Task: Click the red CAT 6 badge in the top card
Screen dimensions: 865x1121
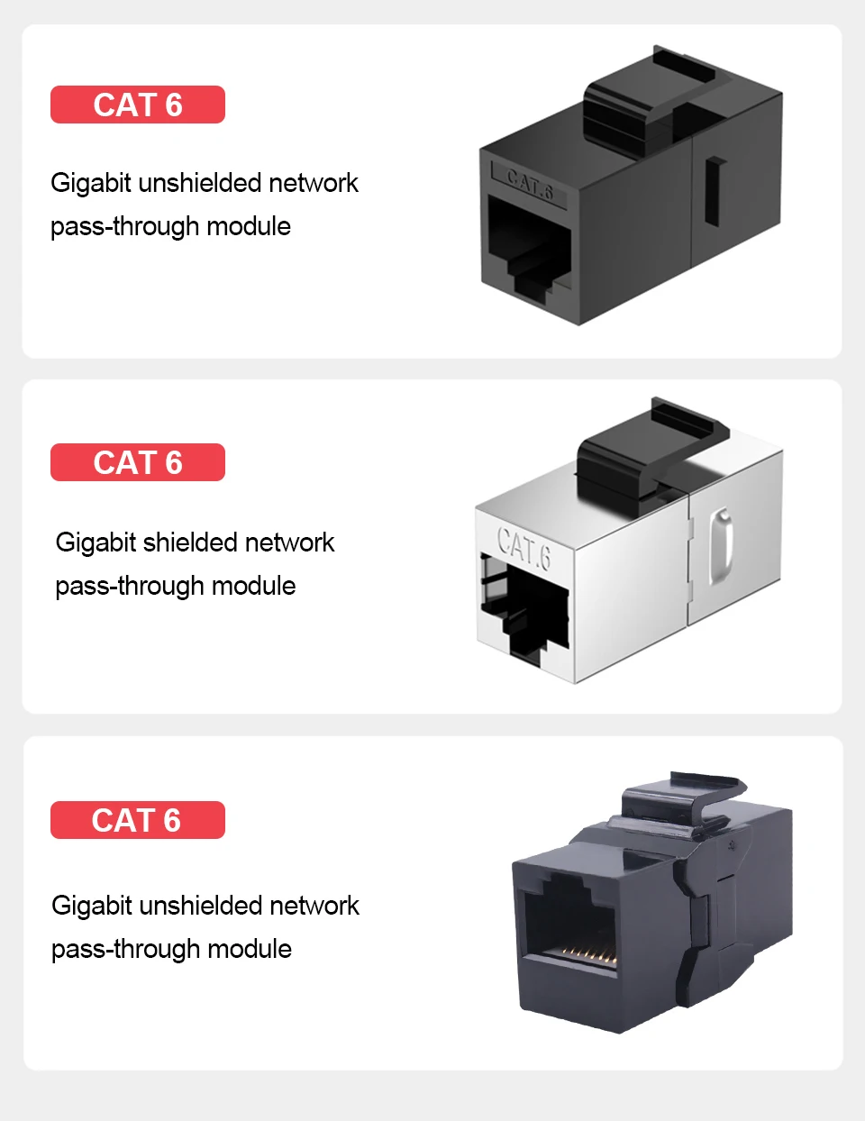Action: pyautogui.click(x=137, y=105)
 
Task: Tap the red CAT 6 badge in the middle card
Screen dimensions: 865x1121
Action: pyautogui.click(x=137, y=462)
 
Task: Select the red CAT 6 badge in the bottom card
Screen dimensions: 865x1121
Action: pyautogui.click(x=137, y=820)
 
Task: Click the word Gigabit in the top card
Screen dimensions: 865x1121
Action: pyautogui.click(x=91, y=183)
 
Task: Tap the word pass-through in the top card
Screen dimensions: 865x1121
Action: pyautogui.click(x=124, y=226)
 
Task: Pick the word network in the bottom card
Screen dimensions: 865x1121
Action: pyautogui.click(x=314, y=906)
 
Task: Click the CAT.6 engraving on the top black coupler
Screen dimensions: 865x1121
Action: pyautogui.click(x=529, y=184)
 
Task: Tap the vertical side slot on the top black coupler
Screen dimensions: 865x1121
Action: pyautogui.click(x=715, y=192)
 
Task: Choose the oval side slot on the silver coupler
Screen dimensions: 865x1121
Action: pyautogui.click(x=721, y=546)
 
